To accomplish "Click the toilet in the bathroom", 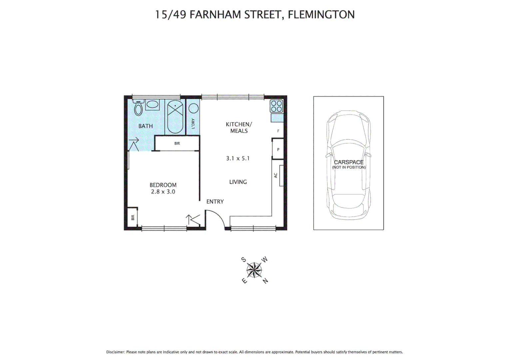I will (138, 108).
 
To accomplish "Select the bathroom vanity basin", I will (153, 104).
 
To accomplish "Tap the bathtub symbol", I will (175, 117).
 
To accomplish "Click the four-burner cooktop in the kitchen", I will (276, 106).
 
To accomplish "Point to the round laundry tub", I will (194, 108).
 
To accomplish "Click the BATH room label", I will (146, 126).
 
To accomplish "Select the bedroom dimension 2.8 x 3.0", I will (163, 192).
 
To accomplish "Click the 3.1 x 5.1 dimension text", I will (238, 158).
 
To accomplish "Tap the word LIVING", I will (238, 182).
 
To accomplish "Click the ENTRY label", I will (215, 202).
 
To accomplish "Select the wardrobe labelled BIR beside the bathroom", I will (177, 143).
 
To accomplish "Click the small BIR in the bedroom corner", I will (133, 217).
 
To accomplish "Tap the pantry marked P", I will (278, 150).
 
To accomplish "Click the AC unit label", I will (276, 175).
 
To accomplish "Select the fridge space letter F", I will (278, 131).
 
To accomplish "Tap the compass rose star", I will (254, 270).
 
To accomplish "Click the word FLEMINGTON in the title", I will (321, 15).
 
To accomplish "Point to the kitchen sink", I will (277, 118).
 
